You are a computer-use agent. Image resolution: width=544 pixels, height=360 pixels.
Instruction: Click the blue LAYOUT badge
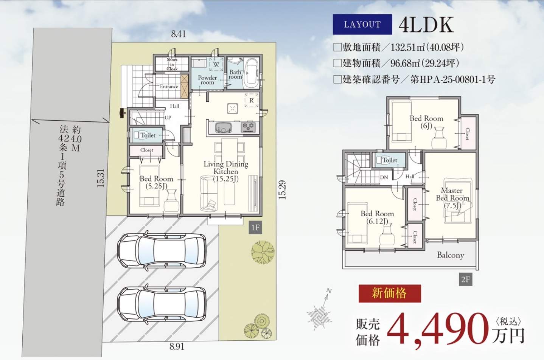(x=362, y=24)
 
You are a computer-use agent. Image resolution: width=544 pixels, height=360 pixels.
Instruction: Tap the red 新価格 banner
(x=390, y=293)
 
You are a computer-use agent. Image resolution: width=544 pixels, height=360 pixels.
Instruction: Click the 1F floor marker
(x=255, y=227)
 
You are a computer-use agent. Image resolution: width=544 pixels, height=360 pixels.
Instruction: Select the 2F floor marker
(x=466, y=280)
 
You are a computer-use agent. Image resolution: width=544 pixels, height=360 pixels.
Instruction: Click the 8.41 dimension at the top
(x=179, y=34)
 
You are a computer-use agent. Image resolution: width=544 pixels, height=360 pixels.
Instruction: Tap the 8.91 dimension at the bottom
(x=177, y=346)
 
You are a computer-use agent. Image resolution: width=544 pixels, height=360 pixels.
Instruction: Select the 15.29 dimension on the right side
(x=282, y=190)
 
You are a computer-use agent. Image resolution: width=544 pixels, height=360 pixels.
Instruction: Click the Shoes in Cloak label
(x=172, y=64)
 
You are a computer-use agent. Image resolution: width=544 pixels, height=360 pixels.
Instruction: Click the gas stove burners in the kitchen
(x=248, y=127)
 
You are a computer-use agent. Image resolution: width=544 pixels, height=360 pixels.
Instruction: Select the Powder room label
(x=207, y=80)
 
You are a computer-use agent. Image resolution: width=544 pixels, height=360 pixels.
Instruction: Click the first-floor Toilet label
(x=148, y=135)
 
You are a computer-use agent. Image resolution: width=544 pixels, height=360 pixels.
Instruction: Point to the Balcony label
(x=451, y=255)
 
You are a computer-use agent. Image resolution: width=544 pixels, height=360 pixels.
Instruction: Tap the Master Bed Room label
(x=452, y=198)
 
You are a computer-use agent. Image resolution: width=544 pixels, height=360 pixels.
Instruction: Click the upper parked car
(x=162, y=250)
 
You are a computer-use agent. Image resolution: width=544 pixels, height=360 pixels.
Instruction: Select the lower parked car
(x=162, y=304)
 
